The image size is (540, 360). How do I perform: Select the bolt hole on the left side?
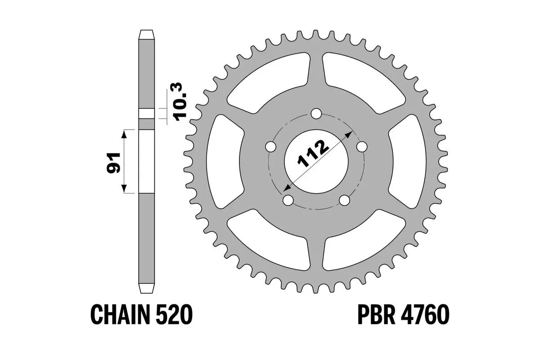(270, 147)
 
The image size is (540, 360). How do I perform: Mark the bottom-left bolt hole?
(288, 200)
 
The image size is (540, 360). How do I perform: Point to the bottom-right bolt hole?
(345, 200)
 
